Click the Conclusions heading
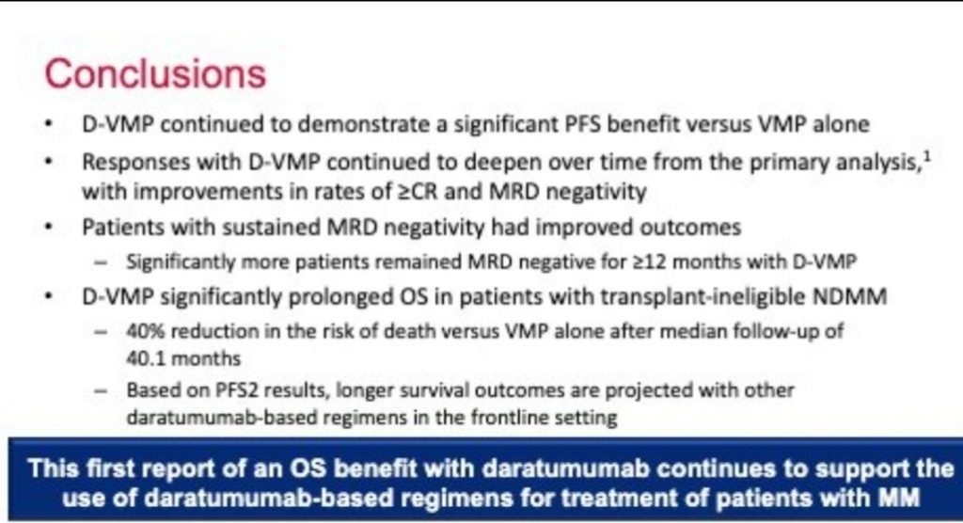click(155, 73)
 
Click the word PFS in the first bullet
click(583, 124)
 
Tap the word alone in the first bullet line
click(842, 124)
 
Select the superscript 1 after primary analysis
click(926, 157)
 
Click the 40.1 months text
click(183, 358)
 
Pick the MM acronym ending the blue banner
click(900, 497)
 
